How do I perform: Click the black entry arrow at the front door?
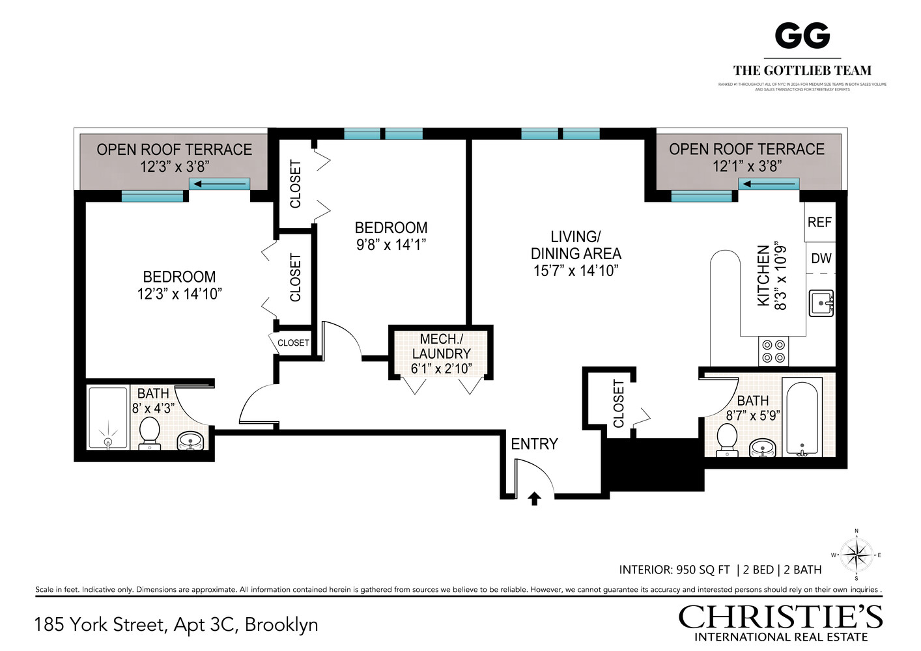pos(534,499)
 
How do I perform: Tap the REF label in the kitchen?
pos(819,222)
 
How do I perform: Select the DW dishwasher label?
pos(821,258)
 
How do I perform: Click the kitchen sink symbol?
pos(821,303)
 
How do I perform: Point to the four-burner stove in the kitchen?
pos(773,352)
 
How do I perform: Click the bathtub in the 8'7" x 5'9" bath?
pos(802,417)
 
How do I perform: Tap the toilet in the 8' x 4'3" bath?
pos(150,432)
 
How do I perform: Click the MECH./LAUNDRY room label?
pos(441,353)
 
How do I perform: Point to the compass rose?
pos(856,555)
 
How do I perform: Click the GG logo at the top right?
pos(802,36)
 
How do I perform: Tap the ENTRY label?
pos(534,444)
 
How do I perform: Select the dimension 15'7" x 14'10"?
pos(576,271)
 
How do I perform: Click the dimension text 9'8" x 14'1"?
pos(391,245)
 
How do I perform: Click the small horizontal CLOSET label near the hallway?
pos(293,343)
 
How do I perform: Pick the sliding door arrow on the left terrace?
pos(220,184)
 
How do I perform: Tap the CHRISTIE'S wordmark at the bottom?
pos(780,616)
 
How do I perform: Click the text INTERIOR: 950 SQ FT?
pos(674,570)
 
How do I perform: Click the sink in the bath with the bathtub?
pos(762,448)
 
